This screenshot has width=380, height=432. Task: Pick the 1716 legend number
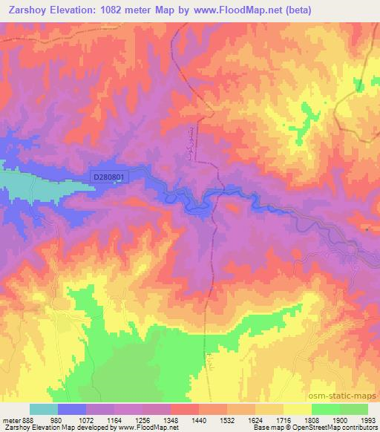(x=292, y=419)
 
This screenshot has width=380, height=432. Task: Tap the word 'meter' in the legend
(x=11, y=419)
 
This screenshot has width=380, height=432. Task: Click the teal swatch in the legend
(x=44, y=409)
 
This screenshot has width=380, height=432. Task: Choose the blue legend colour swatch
(x=72, y=409)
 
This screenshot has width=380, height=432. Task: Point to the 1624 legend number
(x=263, y=419)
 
